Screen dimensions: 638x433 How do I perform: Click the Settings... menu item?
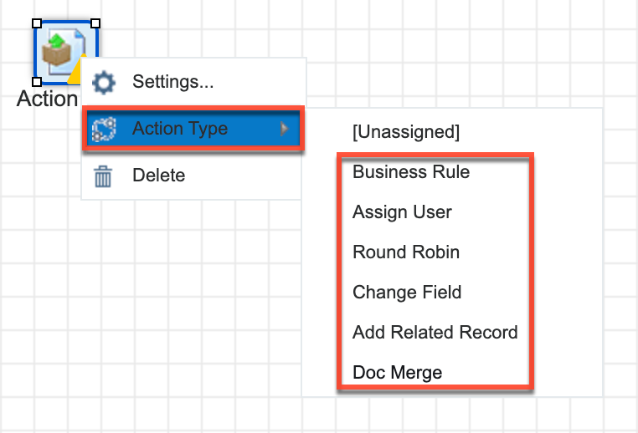click(x=172, y=82)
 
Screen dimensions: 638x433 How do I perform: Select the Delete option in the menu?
click(x=159, y=176)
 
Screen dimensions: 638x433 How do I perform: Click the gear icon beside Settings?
click(x=104, y=83)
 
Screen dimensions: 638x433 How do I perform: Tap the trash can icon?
click(x=103, y=176)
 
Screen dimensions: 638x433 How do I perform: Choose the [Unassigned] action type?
click(x=406, y=132)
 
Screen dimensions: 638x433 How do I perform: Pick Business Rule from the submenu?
click(x=411, y=172)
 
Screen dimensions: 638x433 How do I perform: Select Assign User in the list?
click(x=402, y=212)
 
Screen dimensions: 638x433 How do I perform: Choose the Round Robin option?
click(x=406, y=252)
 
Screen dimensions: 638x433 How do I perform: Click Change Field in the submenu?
click(x=407, y=292)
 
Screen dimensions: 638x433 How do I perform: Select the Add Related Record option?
click(x=435, y=332)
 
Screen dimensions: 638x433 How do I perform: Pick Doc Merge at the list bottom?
click(x=397, y=373)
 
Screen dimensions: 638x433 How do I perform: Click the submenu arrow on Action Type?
click(x=285, y=129)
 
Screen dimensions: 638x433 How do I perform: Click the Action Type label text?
click(x=180, y=129)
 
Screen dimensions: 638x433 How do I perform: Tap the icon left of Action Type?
click(x=104, y=130)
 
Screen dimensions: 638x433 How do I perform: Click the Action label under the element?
click(x=47, y=99)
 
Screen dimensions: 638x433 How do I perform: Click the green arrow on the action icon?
click(x=58, y=40)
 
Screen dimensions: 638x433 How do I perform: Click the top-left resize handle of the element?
click(x=37, y=23)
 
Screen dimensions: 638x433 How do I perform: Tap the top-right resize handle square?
click(x=95, y=23)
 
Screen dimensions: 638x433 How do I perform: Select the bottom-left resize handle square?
click(x=37, y=82)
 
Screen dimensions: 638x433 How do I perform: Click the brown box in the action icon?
click(x=57, y=54)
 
